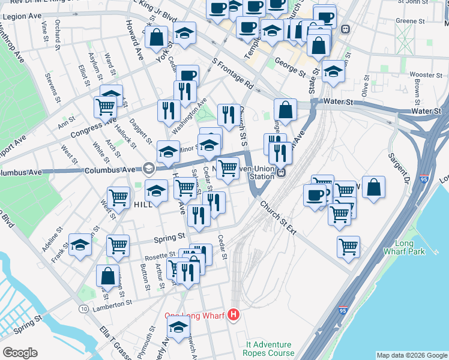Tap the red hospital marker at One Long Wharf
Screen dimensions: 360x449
point(234,315)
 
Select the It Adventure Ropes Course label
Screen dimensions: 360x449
point(268,349)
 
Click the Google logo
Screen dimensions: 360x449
point(20,353)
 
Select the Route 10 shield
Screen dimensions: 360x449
point(82,308)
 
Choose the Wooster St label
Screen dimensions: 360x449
point(426,75)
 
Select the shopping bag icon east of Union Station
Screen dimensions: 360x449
point(373,188)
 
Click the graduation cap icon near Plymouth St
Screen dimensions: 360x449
point(178,328)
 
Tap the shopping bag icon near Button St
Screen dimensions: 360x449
point(108,277)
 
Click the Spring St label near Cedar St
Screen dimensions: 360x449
point(172,236)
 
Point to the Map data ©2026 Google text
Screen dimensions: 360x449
point(411,355)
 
